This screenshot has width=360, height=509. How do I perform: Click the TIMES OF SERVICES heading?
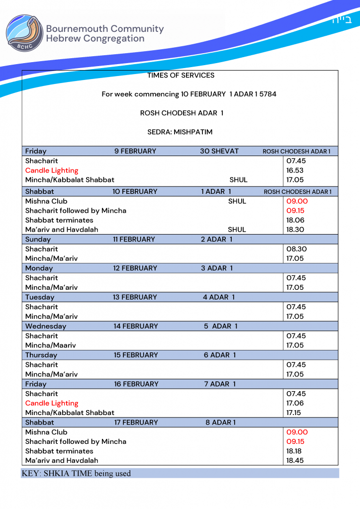[x=180, y=76]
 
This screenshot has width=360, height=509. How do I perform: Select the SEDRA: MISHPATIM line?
[x=180, y=132]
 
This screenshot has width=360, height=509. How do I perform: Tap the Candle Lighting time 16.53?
[x=295, y=170]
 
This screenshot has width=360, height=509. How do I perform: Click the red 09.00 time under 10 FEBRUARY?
[x=297, y=201]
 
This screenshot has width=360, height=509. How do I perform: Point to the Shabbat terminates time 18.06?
[x=295, y=220]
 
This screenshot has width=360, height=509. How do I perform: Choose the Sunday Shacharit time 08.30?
[x=296, y=249]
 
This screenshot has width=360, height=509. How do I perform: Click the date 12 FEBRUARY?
[x=135, y=268]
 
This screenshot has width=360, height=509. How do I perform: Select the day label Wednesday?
[x=46, y=326]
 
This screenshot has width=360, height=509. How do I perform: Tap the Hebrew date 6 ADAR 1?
[x=220, y=355]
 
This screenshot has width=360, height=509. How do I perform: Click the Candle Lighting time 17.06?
[x=295, y=403]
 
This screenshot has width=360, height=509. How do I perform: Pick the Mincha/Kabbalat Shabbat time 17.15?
[x=295, y=413]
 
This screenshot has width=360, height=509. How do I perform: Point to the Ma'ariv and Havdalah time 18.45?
[x=295, y=460]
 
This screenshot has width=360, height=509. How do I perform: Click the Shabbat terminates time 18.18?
[x=295, y=451]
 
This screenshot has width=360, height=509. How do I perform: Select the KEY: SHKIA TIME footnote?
[x=76, y=473]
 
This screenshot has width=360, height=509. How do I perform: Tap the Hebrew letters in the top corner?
[x=342, y=20]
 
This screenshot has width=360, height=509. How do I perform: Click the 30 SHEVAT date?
[x=219, y=151]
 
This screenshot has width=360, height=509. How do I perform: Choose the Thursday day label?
[x=41, y=355]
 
